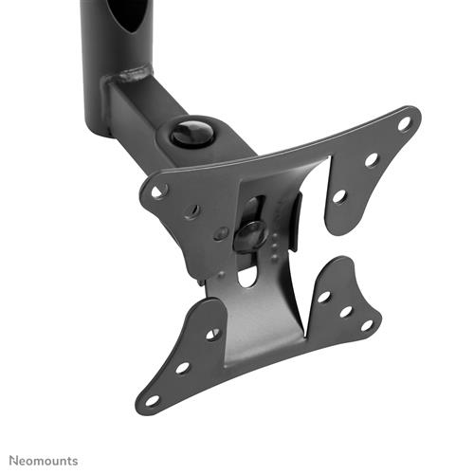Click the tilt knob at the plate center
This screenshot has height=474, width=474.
pos(250,233)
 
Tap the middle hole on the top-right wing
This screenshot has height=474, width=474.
pos(371,160)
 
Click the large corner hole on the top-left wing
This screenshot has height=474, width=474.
pos(159,191)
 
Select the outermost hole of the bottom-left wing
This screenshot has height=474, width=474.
pos(151,399)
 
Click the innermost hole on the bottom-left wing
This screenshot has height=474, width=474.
pos(212,334)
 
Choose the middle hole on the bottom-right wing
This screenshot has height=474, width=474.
pos(345,311)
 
